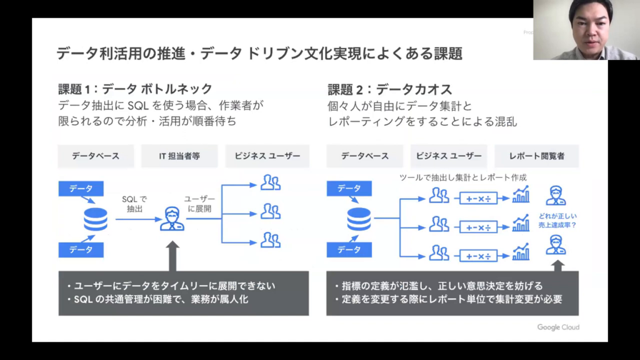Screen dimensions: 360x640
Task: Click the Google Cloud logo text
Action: pyautogui.click(x=557, y=327)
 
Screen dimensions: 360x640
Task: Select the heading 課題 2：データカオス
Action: pyautogui.click(x=389, y=89)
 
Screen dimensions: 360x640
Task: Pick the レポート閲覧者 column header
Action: pyautogui.click(x=536, y=156)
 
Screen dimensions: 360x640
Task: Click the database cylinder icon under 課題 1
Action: pyautogui.click(x=96, y=219)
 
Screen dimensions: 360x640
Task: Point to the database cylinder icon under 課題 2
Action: pyautogui.click(x=359, y=219)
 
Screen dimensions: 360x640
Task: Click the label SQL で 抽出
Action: pyautogui.click(x=134, y=204)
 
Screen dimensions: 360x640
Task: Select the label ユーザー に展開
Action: pyautogui.click(x=197, y=204)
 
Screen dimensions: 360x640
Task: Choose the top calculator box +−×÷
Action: pyautogui.click(x=479, y=199)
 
